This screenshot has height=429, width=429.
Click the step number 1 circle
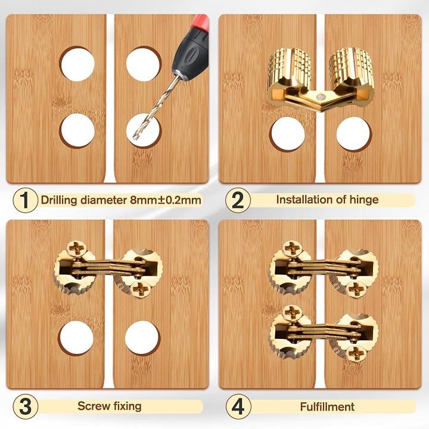[x=25, y=200]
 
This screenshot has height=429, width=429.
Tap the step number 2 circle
[x=238, y=200]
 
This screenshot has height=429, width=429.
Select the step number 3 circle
[x=25, y=406]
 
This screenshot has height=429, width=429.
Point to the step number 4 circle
[x=238, y=406]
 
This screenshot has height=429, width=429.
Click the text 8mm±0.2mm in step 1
[x=166, y=200]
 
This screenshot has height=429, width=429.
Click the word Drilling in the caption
[x=59, y=200]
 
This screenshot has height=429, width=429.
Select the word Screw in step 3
[x=91, y=406]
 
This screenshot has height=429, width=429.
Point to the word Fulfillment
[x=327, y=406]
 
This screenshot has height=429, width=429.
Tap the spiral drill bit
[x=156, y=108]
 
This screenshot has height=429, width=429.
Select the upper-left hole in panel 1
[x=77, y=64]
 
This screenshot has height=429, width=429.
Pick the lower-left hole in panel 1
[x=77, y=130]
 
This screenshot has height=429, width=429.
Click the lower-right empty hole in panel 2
[x=353, y=134]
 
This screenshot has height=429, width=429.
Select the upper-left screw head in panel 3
[x=77, y=248]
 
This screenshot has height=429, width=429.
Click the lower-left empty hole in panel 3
[x=76, y=337]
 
